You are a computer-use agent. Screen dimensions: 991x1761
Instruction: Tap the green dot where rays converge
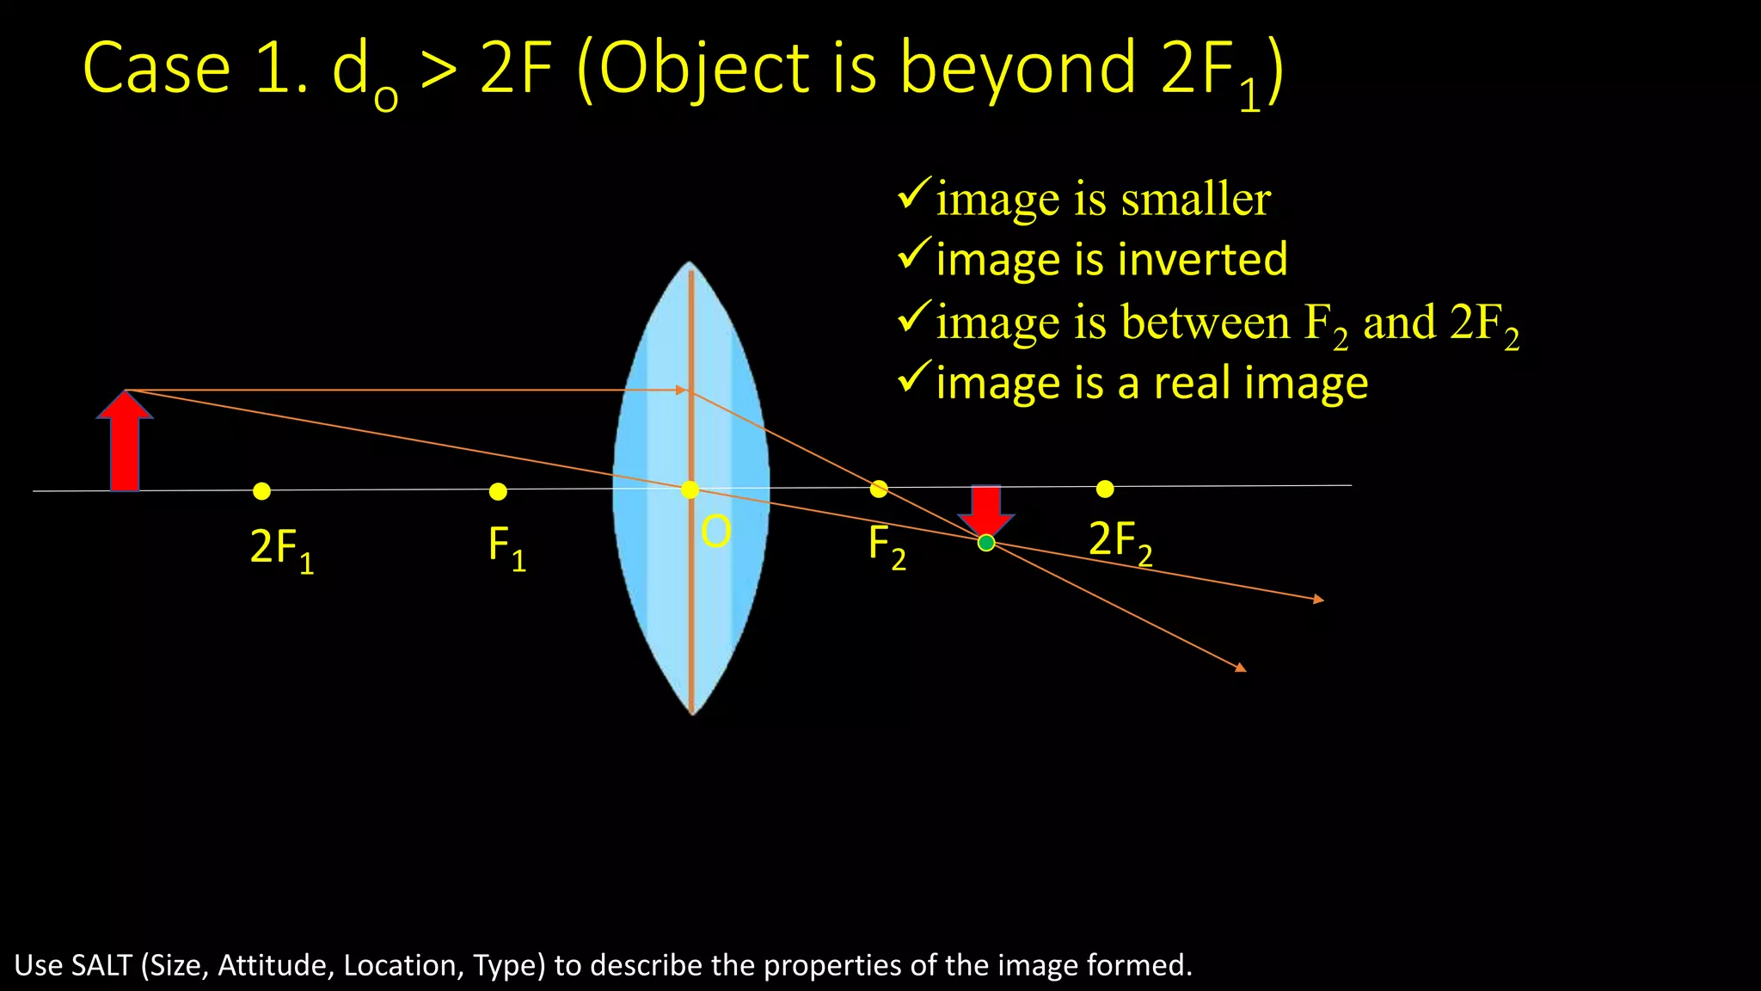click(x=986, y=543)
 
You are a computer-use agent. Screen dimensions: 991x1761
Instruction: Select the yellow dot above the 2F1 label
click(x=262, y=491)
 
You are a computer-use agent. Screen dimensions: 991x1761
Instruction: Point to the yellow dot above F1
click(x=498, y=491)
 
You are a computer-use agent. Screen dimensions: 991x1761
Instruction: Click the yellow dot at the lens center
click(x=690, y=489)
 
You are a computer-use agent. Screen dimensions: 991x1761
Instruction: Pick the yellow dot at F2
click(x=879, y=489)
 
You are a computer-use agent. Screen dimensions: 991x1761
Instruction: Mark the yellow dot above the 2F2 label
click(x=1105, y=489)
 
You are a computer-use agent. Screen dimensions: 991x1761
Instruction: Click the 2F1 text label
click(x=281, y=549)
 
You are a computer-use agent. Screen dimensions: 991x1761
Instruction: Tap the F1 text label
click(x=506, y=547)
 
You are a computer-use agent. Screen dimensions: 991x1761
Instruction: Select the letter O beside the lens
click(x=715, y=532)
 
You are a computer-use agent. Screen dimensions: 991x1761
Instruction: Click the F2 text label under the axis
click(x=887, y=546)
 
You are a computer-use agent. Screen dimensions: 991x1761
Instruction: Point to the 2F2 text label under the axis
click(x=1120, y=542)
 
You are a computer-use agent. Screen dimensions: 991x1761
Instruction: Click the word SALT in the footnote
click(x=101, y=965)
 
